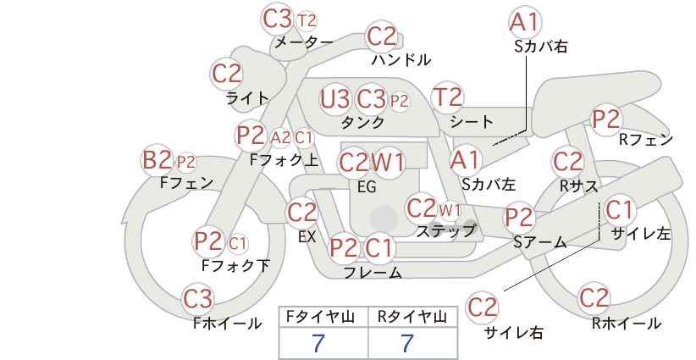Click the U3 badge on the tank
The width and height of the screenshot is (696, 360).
click(335, 99)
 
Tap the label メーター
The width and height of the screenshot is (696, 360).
click(304, 42)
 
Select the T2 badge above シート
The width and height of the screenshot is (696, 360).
click(447, 97)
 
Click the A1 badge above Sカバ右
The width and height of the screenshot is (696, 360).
click(525, 22)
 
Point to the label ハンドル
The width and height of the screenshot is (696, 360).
click(400, 59)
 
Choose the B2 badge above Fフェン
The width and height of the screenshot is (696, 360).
click(157, 160)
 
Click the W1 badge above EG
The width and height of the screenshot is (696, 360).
click(388, 163)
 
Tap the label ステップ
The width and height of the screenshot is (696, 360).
click(445, 230)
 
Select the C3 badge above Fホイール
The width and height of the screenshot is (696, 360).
click(198, 299)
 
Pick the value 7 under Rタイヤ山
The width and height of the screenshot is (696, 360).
click(407, 343)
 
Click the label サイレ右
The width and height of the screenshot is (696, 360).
click(514, 332)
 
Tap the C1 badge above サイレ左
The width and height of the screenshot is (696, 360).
click(619, 210)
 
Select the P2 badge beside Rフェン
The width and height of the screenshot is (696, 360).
click(606, 119)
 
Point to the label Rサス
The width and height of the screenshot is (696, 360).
click(578, 186)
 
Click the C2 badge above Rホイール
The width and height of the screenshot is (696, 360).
click(594, 297)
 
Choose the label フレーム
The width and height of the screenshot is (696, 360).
click(373, 273)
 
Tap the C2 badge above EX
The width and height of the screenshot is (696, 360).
click(302, 213)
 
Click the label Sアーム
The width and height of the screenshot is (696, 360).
click(539, 242)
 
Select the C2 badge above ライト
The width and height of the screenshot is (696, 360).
click(227, 74)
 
